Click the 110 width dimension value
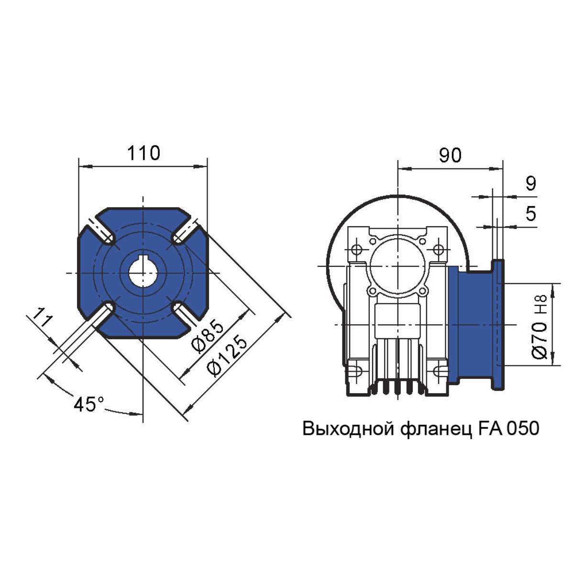(143, 153)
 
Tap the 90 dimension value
(450, 155)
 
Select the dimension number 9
(531, 183)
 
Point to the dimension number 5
(531, 213)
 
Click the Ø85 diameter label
(208, 336)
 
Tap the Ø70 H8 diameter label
(540, 327)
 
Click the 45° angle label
(89, 405)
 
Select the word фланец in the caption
(437, 430)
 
